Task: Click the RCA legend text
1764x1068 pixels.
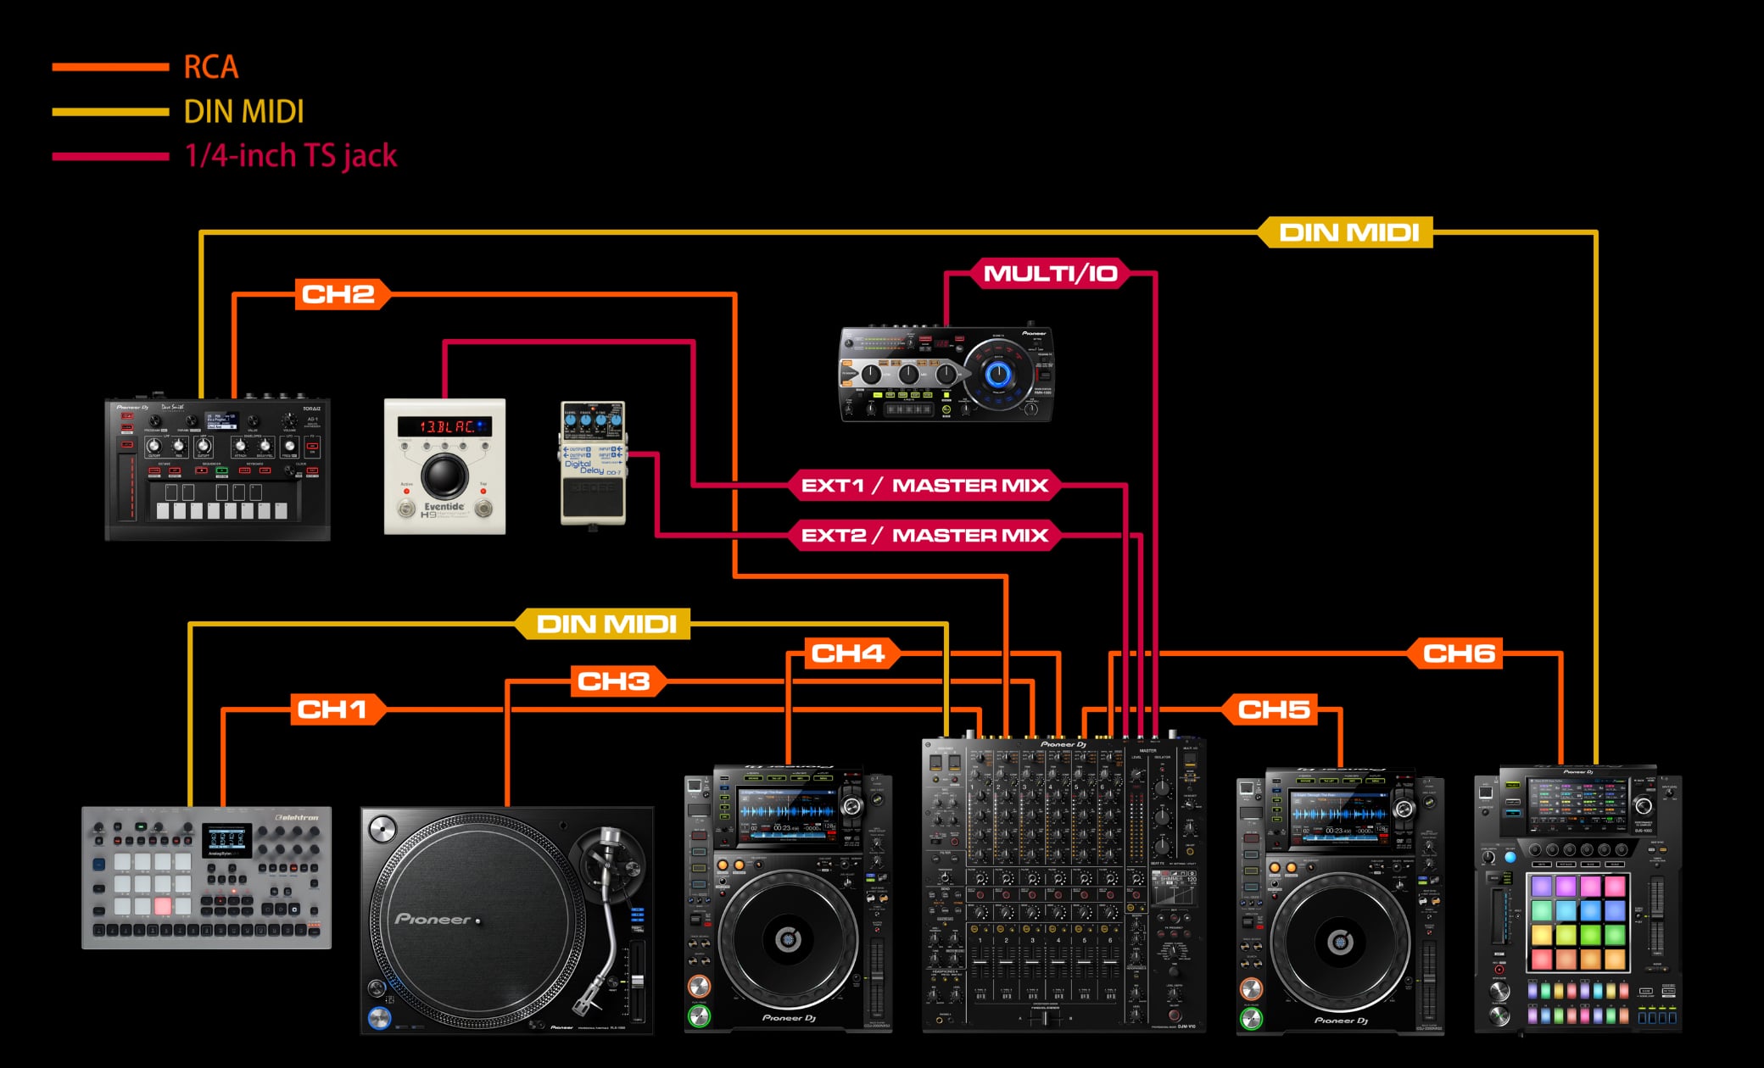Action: (x=210, y=67)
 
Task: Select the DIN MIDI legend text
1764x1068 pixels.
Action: (x=243, y=112)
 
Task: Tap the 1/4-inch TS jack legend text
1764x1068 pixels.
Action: (x=291, y=156)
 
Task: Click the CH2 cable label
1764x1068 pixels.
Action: (x=338, y=294)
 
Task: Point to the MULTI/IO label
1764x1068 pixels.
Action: (x=1050, y=274)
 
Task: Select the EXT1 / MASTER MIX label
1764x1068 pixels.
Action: (x=924, y=486)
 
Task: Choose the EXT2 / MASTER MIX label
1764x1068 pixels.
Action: (x=924, y=536)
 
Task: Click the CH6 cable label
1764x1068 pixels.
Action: (x=1458, y=654)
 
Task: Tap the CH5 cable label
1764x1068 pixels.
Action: (x=1273, y=709)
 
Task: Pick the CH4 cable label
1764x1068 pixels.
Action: (x=847, y=654)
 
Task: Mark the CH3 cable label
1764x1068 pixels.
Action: (x=613, y=681)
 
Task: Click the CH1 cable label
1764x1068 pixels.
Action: (x=332, y=709)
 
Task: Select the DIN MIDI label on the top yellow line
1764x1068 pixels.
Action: (x=1348, y=232)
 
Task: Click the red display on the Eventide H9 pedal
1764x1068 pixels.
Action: (x=444, y=426)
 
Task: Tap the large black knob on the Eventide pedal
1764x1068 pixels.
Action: (x=444, y=475)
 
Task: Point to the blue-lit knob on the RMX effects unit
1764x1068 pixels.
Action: (x=998, y=374)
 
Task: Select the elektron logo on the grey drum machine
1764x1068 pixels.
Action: (x=297, y=818)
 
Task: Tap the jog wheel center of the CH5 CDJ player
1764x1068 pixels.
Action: (x=1340, y=940)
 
